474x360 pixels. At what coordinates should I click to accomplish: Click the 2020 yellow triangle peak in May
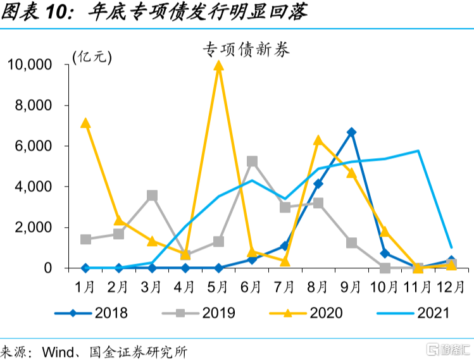pyautogui.click(x=218, y=66)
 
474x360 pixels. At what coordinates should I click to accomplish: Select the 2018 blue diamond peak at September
pyautogui.click(x=351, y=132)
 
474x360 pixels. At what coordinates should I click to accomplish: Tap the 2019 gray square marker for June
pyautogui.click(x=252, y=161)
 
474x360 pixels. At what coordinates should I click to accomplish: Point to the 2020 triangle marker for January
pyautogui.click(x=85, y=123)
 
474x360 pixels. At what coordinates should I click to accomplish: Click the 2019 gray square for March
pyautogui.click(x=152, y=196)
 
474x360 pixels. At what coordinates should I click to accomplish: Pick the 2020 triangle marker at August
pyautogui.click(x=318, y=140)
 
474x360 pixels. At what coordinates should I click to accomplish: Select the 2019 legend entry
pyautogui.click(x=199, y=313)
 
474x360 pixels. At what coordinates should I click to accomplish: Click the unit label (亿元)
pyautogui.click(x=92, y=57)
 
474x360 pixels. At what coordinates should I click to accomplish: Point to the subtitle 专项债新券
pyautogui.click(x=246, y=49)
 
